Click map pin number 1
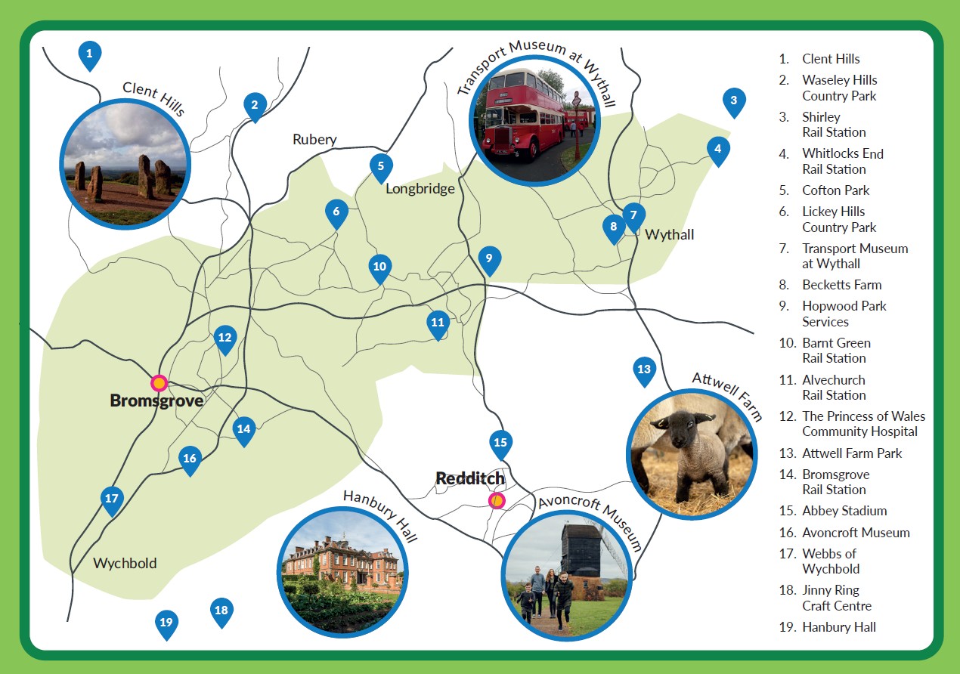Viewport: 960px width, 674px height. coord(89,54)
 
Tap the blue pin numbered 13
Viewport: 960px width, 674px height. coord(643,369)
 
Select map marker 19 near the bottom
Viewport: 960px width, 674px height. coord(166,623)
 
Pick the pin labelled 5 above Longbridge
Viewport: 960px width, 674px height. coord(381,165)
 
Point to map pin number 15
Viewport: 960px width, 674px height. coord(500,443)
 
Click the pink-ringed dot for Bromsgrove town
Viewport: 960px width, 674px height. coord(159,382)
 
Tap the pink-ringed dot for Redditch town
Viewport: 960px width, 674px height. coord(496,500)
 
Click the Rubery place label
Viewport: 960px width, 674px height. coord(314,140)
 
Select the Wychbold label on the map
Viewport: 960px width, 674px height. coord(125,563)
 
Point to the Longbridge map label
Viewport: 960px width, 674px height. coord(420,189)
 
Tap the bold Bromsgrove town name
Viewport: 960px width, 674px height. coord(156,400)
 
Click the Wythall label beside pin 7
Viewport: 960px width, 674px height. coord(669,234)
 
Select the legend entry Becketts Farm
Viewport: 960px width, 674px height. coord(841,285)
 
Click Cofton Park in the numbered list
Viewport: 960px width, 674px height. coord(835,190)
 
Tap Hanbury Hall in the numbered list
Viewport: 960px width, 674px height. coord(838,627)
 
